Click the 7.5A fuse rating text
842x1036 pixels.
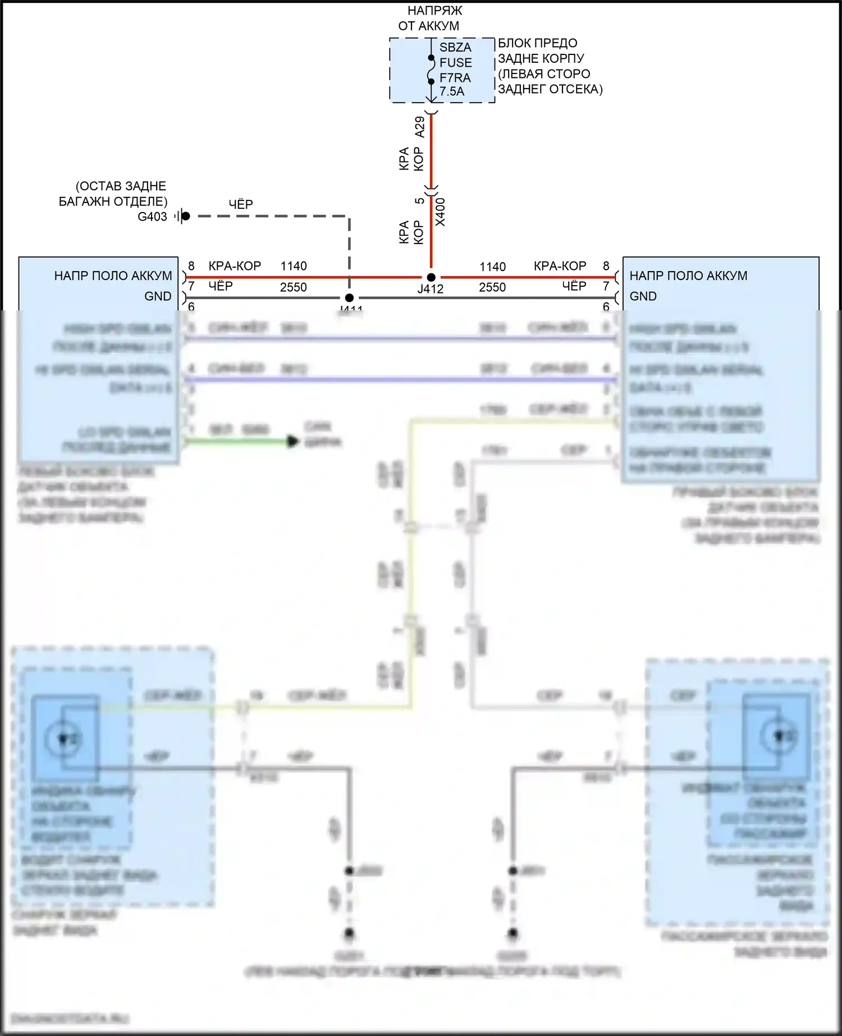[x=452, y=91]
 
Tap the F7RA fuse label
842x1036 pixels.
[x=455, y=77]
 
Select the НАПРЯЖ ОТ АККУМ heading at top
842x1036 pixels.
[x=429, y=18]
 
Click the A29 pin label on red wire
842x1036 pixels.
[x=419, y=127]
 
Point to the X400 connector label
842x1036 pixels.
[x=441, y=212]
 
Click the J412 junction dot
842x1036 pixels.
[x=431, y=277]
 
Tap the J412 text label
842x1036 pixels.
[x=431, y=289]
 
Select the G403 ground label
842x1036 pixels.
[x=152, y=217]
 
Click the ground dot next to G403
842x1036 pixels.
[x=186, y=216]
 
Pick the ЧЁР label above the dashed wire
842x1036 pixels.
[x=241, y=204]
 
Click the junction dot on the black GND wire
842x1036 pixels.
[x=349, y=298]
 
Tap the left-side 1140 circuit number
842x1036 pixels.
[x=294, y=266]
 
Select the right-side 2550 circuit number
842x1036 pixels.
[x=492, y=287]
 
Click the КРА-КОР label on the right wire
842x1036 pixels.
[x=560, y=266]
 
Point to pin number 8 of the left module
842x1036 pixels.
[x=191, y=266]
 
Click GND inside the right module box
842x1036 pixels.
[x=643, y=296]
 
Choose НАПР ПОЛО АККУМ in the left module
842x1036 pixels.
[x=113, y=276]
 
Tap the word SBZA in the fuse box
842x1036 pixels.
[x=455, y=48]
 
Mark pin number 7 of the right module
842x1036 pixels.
[x=606, y=286]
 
